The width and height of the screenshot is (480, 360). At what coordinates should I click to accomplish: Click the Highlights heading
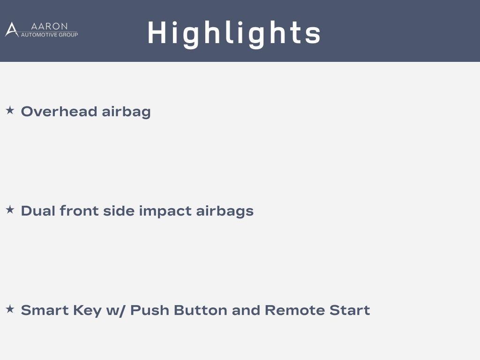point(234,34)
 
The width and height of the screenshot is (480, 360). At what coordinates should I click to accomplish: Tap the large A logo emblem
point(12,30)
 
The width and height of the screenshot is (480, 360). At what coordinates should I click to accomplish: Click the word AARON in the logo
point(49,26)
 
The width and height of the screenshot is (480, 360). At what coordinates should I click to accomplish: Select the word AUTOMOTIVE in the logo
point(39,35)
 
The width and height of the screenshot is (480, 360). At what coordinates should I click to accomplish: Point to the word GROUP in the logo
point(68,35)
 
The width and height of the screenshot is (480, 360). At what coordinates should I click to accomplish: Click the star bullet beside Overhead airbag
point(10,110)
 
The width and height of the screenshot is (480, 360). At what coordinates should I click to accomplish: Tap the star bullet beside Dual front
point(10,210)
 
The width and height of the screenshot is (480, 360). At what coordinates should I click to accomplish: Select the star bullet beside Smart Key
point(10,309)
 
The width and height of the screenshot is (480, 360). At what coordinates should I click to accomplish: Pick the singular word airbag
point(126,112)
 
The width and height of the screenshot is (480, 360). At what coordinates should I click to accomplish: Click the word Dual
point(38,211)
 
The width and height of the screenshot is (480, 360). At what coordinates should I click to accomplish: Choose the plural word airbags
point(225,211)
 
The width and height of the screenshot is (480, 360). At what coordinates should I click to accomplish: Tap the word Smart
point(45,310)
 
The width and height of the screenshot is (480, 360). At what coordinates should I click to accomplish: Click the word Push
point(150,310)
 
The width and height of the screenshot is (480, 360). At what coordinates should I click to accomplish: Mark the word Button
point(201,310)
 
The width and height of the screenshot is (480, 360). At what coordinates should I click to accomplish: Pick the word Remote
point(294,310)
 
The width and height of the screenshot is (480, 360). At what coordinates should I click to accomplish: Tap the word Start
point(350,310)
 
